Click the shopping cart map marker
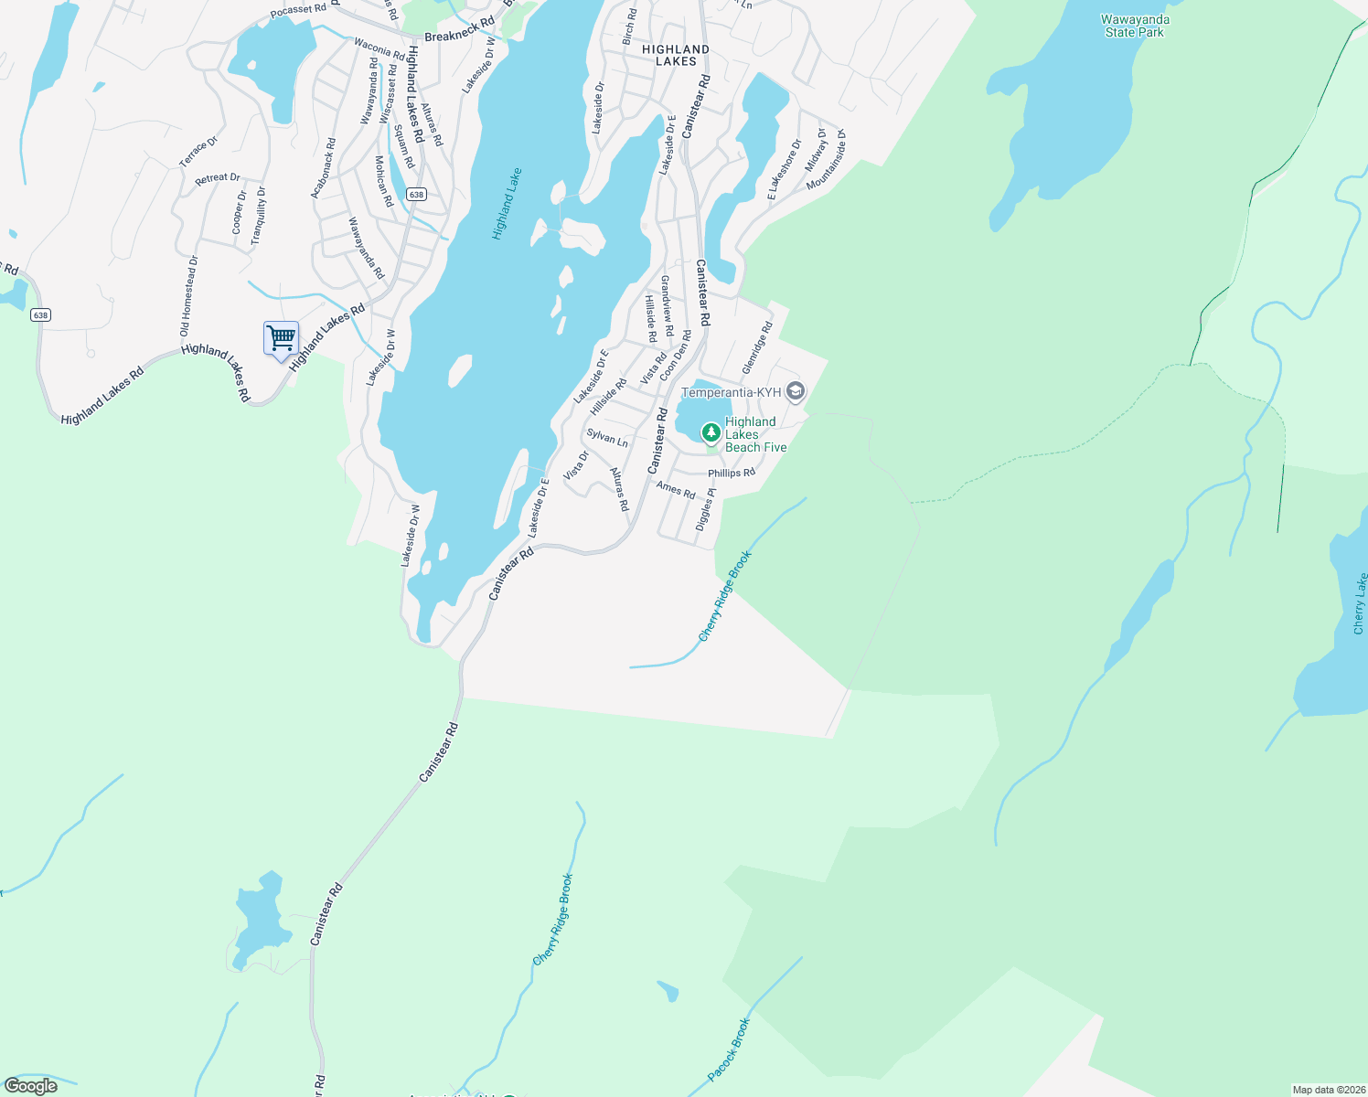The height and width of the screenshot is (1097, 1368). tap(281, 338)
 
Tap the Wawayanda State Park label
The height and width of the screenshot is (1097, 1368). tap(1135, 26)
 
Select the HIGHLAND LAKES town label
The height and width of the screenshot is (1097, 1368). tap(676, 56)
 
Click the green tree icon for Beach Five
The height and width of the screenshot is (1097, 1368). tap(711, 431)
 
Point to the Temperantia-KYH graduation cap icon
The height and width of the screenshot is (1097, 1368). tap(796, 392)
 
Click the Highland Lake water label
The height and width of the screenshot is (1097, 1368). tap(507, 204)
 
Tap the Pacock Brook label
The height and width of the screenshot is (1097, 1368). tap(729, 1049)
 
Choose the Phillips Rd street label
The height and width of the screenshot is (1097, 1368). tap(732, 474)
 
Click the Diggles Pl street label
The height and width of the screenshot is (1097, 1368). tap(705, 509)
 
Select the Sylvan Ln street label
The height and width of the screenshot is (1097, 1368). tap(607, 438)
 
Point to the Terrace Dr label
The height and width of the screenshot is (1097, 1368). tap(198, 152)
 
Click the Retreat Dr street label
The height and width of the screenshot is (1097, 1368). tap(218, 179)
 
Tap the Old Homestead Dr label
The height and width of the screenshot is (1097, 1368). tap(188, 295)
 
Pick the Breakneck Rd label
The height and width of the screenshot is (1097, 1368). tap(459, 30)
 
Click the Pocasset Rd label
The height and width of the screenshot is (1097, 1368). tap(298, 11)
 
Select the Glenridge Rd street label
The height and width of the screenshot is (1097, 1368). tap(757, 347)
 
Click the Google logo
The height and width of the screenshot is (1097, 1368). tap(31, 1086)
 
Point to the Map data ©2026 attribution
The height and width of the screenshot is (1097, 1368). tap(1328, 1090)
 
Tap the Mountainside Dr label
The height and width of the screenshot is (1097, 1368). tap(826, 160)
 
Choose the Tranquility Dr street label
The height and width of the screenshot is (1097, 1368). tap(259, 215)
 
